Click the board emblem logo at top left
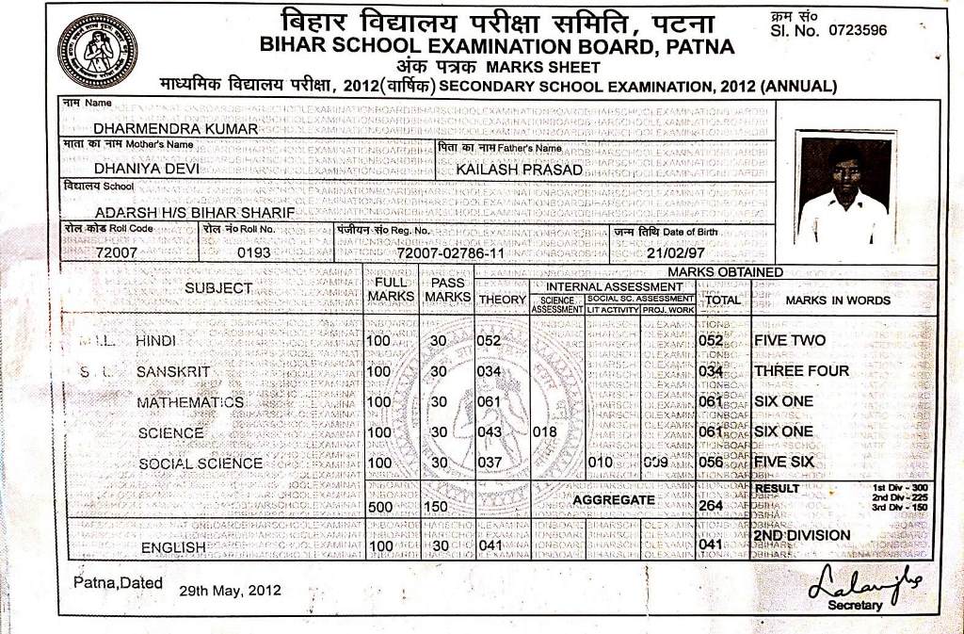tap(97, 51)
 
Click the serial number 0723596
tap(857, 30)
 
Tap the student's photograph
tap(843, 188)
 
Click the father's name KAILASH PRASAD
tap(519, 170)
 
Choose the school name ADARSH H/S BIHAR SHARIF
tap(195, 213)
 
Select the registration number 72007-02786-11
tap(450, 253)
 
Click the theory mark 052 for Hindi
tap(490, 341)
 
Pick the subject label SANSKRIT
tap(173, 371)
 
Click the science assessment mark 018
tap(546, 432)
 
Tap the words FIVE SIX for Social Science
tap(783, 463)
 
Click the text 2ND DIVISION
tap(801, 535)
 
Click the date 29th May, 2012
tap(230, 591)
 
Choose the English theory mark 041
tap(490, 545)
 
